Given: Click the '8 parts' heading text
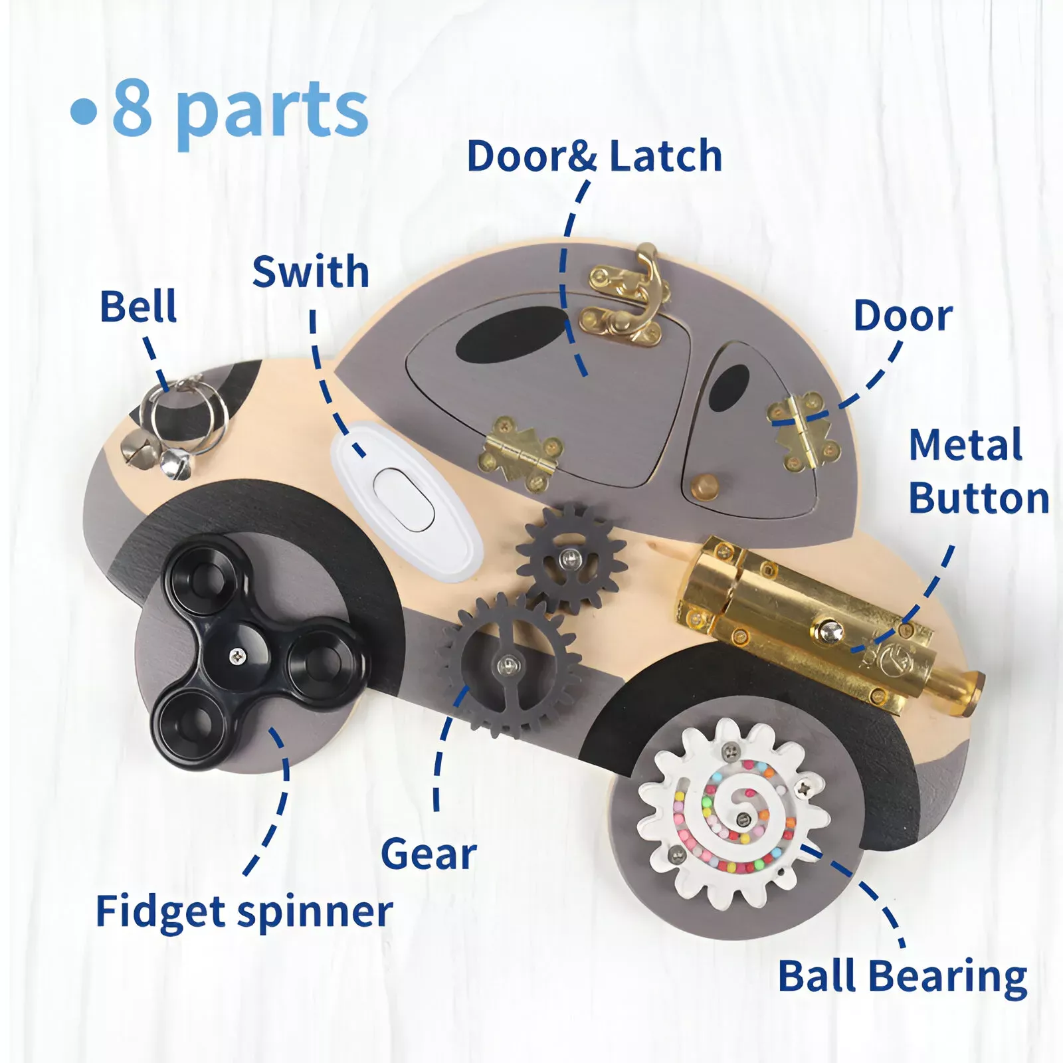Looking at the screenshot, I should [x=239, y=110].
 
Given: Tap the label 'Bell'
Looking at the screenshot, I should [x=138, y=306].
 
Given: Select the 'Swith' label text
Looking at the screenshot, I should [x=310, y=272].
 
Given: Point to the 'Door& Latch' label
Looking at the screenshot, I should [x=595, y=157].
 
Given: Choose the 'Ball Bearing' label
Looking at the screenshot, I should [x=902, y=977].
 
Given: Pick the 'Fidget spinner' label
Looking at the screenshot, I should [x=244, y=912].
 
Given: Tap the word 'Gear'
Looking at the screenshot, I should [x=429, y=854].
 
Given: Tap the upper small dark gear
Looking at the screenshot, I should [x=569, y=557].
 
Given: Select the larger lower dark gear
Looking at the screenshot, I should [x=508, y=664].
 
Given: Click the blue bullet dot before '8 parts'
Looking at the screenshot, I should [x=84, y=112].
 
